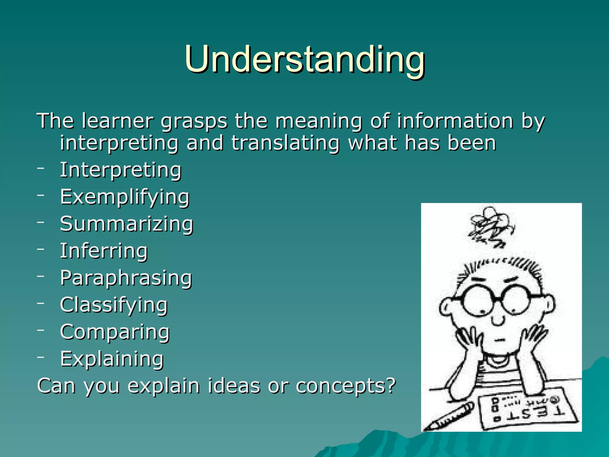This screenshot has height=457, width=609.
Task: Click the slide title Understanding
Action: [x=304, y=60]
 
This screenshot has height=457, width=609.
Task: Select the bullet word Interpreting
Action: [x=120, y=170]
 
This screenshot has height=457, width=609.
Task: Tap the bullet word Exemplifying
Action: [x=125, y=197]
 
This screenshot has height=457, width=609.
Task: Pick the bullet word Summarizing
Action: [x=127, y=224]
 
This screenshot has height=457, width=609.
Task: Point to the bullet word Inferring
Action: [x=104, y=251]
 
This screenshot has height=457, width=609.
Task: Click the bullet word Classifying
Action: [x=114, y=305]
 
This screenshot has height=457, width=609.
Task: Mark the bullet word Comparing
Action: [x=115, y=332]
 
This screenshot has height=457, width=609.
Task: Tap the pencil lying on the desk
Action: [x=449, y=417]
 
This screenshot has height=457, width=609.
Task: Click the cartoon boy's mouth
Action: [x=500, y=340]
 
